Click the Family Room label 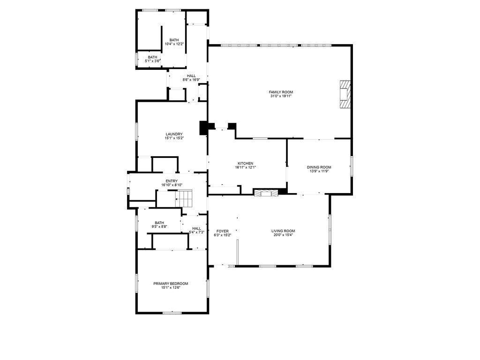click(281, 92)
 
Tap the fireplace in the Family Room click(345, 94)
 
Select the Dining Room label click(319, 167)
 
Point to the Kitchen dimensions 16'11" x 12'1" click(245, 167)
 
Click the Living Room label click(283, 231)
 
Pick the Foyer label click(222, 231)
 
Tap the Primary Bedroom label click(171, 284)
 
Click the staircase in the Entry click(184, 198)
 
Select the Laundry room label click(174, 134)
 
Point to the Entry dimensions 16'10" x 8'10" click(172, 185)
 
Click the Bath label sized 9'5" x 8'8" click(159, 223)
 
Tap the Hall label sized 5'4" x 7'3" click(196, 228)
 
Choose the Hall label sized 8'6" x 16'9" click(191, 76)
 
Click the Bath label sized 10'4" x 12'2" click(174, 40)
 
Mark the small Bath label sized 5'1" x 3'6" click(153, 57)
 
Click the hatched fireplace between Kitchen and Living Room click(265, 192)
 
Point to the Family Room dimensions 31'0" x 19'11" click(281, 97)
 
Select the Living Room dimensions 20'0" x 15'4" click(283, 235)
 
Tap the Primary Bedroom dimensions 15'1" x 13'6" click(171, 288)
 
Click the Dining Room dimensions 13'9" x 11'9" click(319, 172)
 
